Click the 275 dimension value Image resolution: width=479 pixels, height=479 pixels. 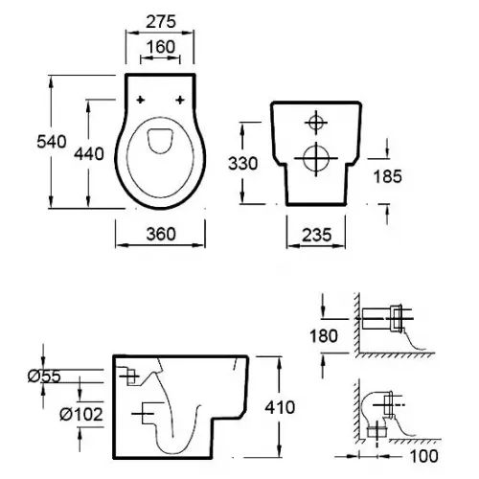(161, 22)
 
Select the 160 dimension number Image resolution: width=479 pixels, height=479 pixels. (161, 47)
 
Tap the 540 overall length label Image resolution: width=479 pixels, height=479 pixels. (52, 142)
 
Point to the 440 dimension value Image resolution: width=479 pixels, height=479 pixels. (89, 154)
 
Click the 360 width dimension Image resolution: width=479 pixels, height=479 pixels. (161, 234)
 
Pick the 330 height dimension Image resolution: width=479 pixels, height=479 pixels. (242, 164)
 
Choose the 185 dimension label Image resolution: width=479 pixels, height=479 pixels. (387, 176)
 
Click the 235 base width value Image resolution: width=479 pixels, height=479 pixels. (317, 235)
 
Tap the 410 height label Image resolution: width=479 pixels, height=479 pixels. (280, 407)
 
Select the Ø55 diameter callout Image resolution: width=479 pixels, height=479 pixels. (44, 376)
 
